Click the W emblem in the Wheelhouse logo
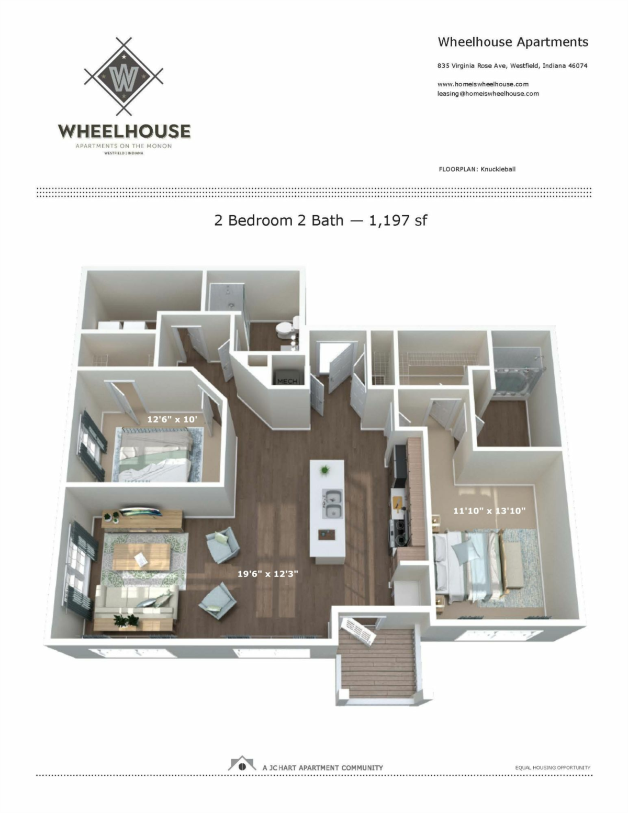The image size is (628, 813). coord(124,76)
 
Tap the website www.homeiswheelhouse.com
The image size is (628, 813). coord(483,84)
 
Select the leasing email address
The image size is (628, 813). coord(488,94)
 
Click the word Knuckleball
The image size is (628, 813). coord(498,169)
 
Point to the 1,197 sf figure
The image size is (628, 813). coord(398,220)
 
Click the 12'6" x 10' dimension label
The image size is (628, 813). coord(172,419)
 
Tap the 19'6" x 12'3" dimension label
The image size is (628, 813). coord(267,573)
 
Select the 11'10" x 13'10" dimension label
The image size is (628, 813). coord(489,510)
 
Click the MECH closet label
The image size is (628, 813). coord(287,381)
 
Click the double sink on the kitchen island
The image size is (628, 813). coord(332,504)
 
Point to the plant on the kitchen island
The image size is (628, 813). coord(325,470)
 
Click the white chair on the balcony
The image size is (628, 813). coord(358,631)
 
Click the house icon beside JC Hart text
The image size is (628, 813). coord(242,764)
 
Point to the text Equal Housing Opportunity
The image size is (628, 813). coord(552,767)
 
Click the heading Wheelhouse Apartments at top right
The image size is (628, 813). coord(512,42)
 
